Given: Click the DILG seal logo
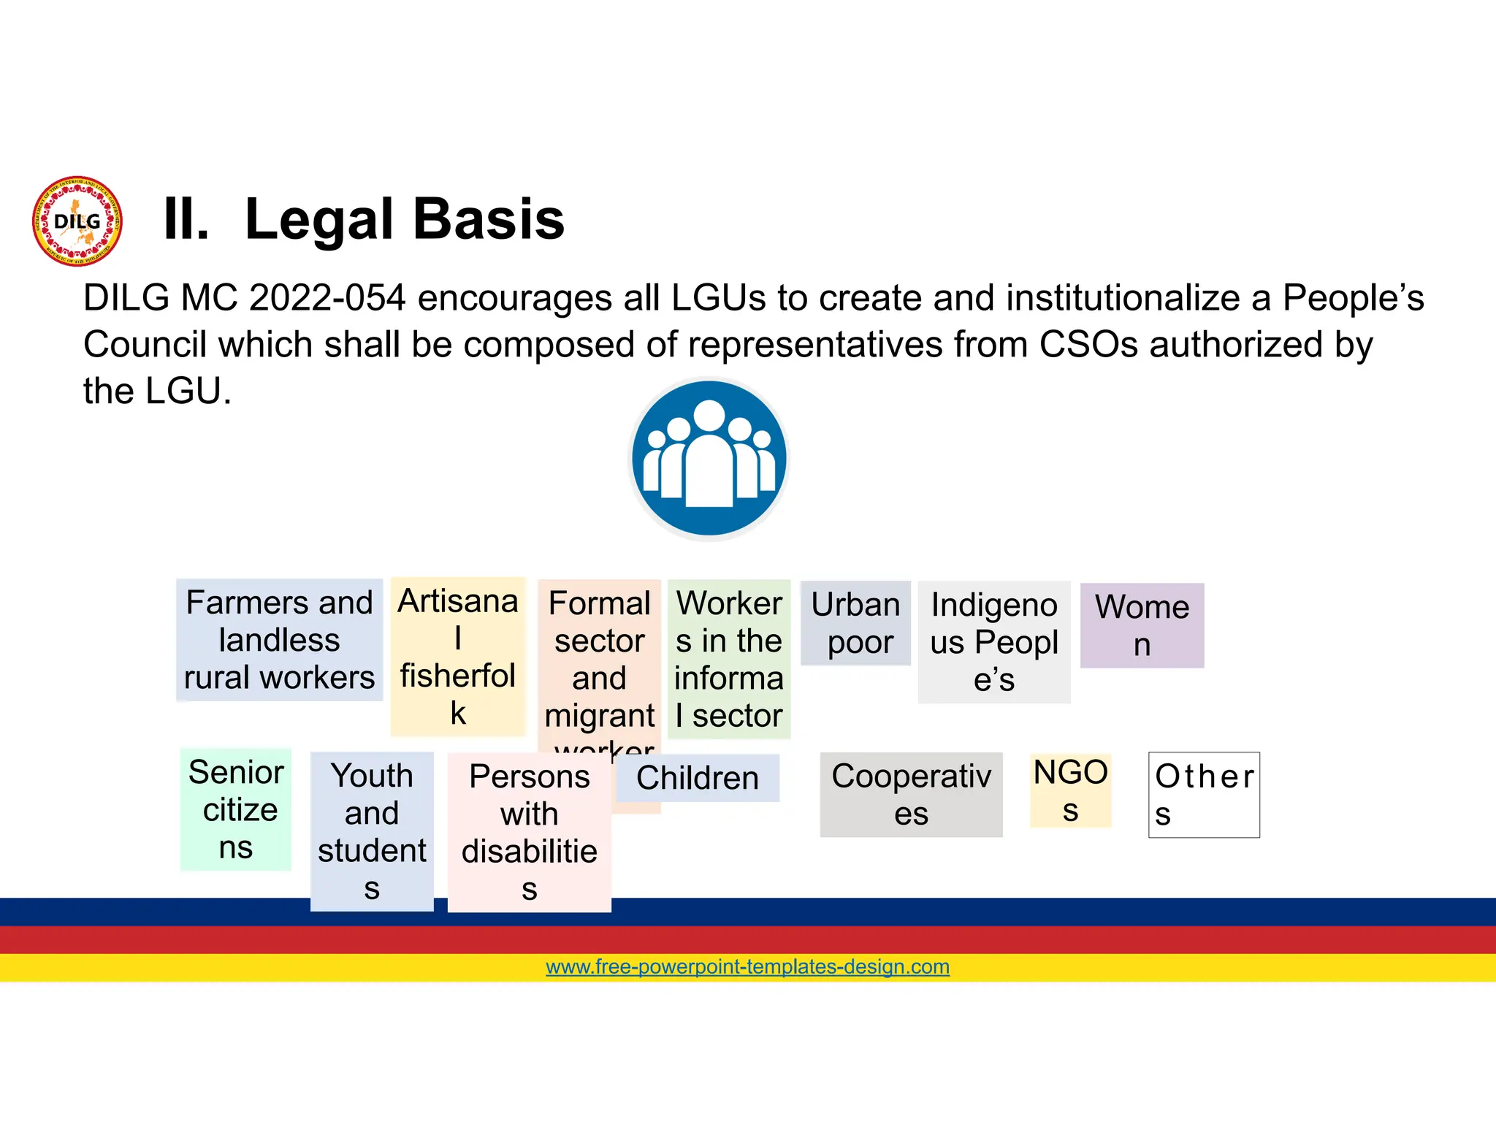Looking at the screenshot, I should pyautogui.click(x=77, y=221).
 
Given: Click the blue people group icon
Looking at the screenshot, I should pyautogui.click(x=709, y=459).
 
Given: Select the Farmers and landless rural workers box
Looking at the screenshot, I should pyautogui.click(x=279, y=640).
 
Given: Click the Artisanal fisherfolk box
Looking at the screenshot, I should pyautogui.click(x=458, y=656).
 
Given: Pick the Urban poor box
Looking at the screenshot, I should pyautogui.click(x=855, y=623).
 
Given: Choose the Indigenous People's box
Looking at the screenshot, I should pyautogui.click(x=993, y=642).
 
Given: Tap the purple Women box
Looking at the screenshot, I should pyautogui.click(x=1142, y=625).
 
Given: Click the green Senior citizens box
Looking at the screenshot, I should pyautogui.click(x=235, y=809).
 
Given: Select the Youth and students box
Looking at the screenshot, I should pyautogui.click(x=372, y=831).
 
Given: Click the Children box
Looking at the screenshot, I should pyautogui.click(x=698, y=778).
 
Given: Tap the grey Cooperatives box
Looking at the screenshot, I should pyautogui.click(x=911, y=795).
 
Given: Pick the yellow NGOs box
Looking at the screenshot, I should pyautogui.click(x=1070, y=790).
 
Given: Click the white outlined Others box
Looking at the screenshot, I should pyautogui.click(x=1204, y=795).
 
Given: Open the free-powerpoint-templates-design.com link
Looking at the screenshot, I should pyautogui.click(x=747, y=966).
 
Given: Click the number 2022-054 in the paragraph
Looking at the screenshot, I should pyautogui.click(x=327, y=298).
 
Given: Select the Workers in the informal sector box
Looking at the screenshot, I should pyautogui.click(x=729, y=659).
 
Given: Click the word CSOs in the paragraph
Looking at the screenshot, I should pyautogui.click(x=1088, y=345).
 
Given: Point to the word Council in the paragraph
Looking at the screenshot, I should pyautogui.click(x=145, y=345).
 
